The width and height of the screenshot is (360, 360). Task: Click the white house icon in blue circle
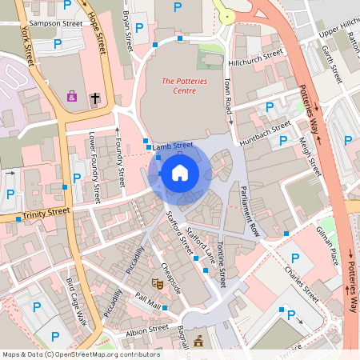[x=180, y=172]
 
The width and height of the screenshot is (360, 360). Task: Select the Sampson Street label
[x=55, y=24]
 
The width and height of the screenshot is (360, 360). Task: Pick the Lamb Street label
[x=174, y=146]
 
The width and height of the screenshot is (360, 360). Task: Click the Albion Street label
[x=147, y=328]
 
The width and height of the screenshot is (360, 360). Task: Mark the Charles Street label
[x=302, y=283]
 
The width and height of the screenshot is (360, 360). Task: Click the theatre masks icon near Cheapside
[x=158, y=283]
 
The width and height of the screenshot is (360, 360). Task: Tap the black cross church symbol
[x=95, y=98]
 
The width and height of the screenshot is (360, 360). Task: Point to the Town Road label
[x=228, y=94]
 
